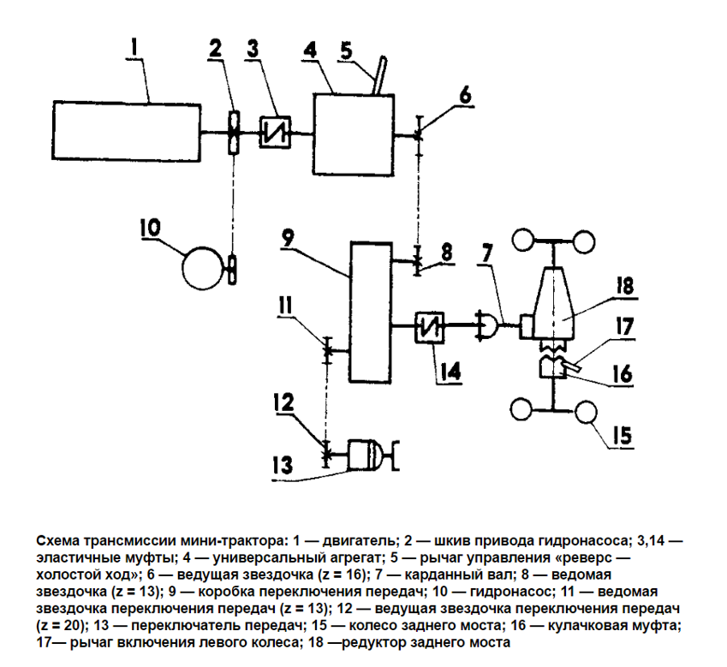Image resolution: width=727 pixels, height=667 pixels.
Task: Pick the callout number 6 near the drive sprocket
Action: click(462, 94)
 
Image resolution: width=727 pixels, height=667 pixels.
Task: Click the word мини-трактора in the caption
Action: click(224, 540)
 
